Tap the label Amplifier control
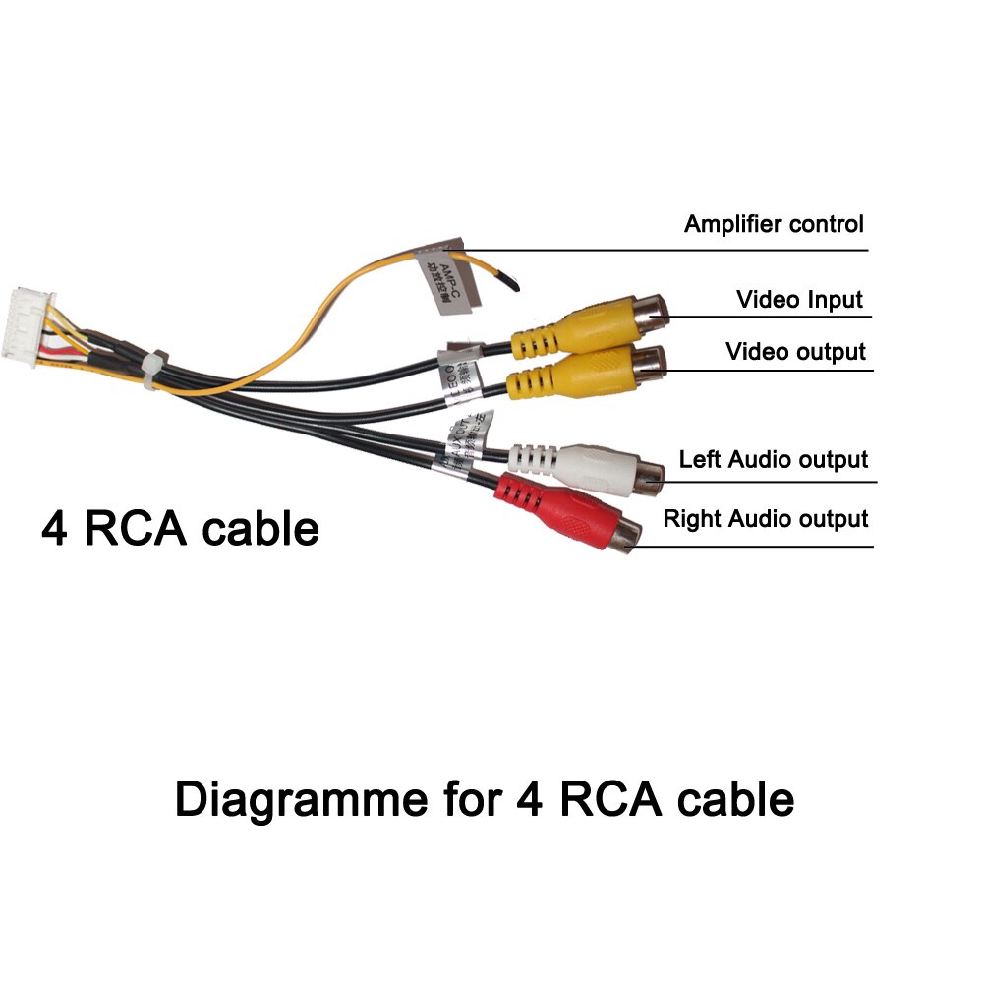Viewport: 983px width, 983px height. (774, 224)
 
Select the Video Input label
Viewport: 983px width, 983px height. (799, 300)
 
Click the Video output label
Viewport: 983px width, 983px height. (795, 352)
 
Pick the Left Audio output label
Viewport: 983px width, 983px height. (774, 459)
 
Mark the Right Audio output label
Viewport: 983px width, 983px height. (766, 518)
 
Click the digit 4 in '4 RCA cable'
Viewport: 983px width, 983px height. (55, 529)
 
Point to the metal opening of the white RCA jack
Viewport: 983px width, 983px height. (648, 476)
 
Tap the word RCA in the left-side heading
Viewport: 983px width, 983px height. (140, 529)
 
